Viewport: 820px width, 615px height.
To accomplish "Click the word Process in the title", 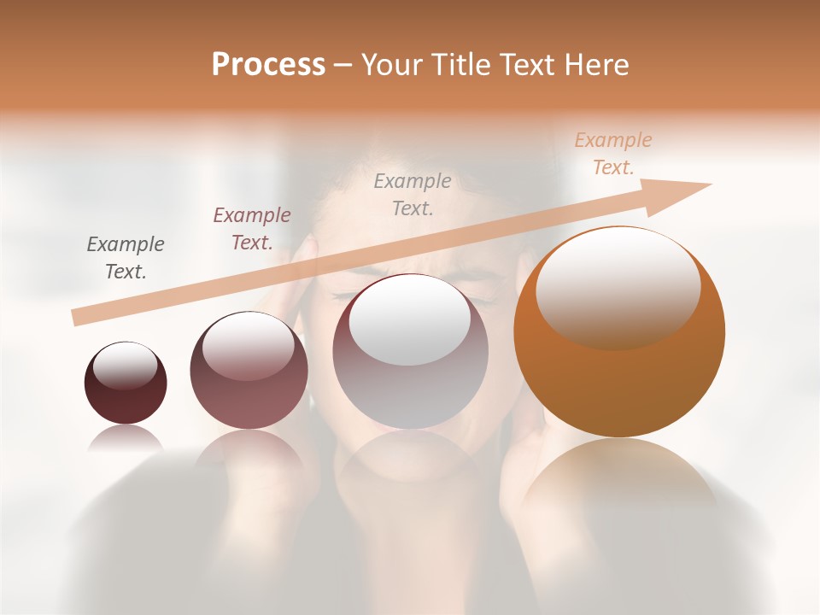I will point(268,65).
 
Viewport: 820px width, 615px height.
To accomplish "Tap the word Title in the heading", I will point(461,65).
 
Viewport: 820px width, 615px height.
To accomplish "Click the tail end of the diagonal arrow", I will point(79,317).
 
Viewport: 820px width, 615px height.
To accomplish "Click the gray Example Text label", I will point(126,258).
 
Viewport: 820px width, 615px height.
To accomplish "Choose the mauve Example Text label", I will point(252,229).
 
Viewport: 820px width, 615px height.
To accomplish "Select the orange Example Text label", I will point(613,154).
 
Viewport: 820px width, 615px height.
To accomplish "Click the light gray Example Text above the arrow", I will point(413,194).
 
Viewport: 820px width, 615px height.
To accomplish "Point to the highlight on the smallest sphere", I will point(126,366).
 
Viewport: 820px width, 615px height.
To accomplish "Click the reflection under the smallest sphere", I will point(126,437).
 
